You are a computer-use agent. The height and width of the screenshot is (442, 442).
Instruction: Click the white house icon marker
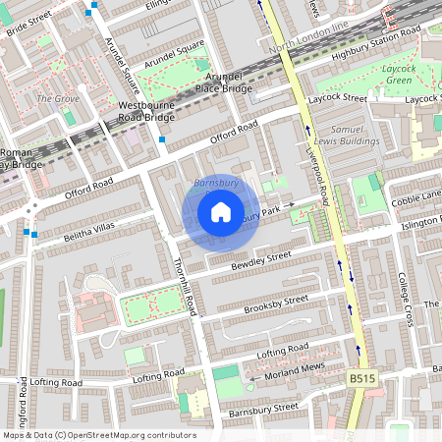(x=220, y=212)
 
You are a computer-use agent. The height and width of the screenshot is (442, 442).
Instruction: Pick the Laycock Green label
(x=398, y=74)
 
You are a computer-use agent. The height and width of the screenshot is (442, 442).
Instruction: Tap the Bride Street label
(x=28, y=22)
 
